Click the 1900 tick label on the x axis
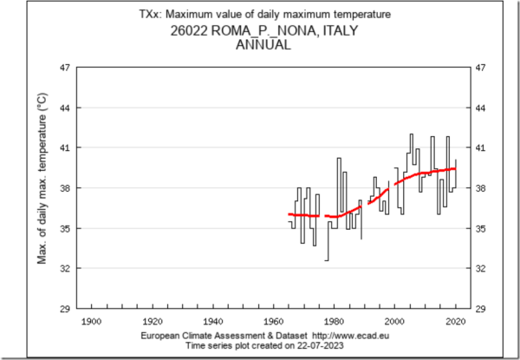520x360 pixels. [90, 321]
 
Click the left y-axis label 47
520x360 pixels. [65, 68]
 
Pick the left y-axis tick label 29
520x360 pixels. [65, 308]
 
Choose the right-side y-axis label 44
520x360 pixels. [478, 108]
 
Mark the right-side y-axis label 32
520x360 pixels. [478, 268]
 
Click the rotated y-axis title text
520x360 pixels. [42, 188]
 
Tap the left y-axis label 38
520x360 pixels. [65, 188]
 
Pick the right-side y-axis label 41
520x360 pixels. [478, 147]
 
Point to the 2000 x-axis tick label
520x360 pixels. [393, 321]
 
